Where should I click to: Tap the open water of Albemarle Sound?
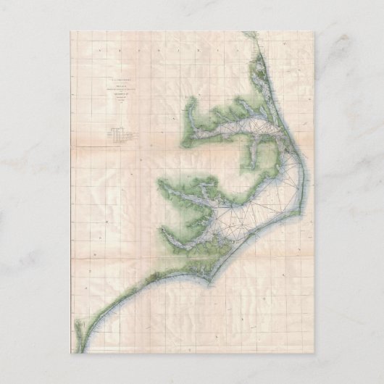pos(239,131)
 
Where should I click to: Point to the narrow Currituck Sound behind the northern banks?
pos(267,94)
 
